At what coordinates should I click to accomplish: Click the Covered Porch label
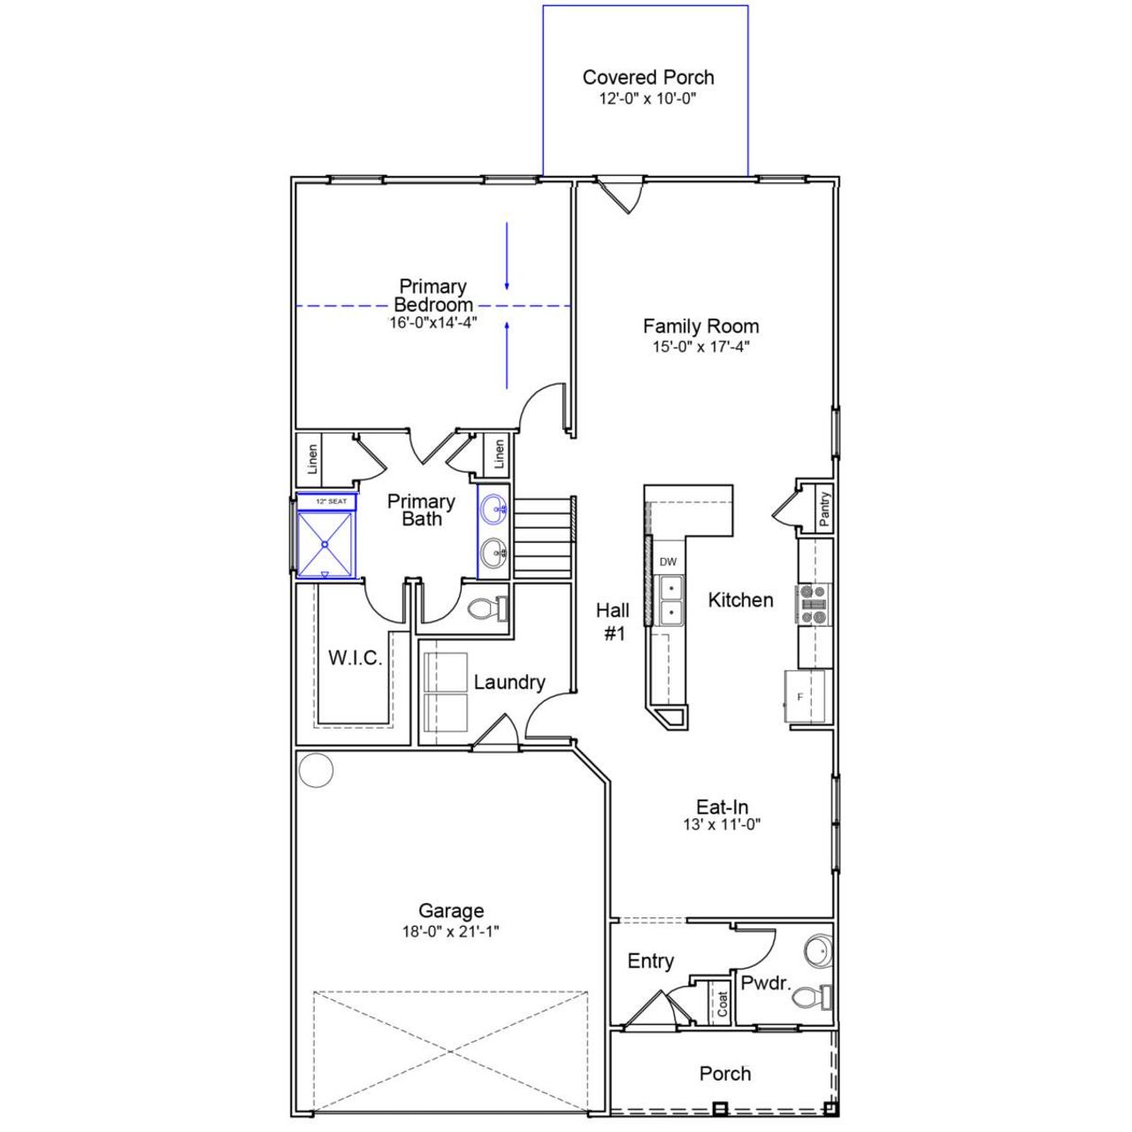(x=647, y=78)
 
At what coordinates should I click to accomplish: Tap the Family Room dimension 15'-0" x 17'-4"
(x=700, y=347)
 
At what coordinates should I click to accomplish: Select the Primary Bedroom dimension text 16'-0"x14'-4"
(x=432, y=323)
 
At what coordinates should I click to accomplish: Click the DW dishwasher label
(x=668, y=562)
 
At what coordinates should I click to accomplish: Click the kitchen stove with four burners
(x=813, y=603)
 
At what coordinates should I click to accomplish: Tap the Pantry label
(x=824, y=509)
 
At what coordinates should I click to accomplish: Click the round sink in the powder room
(x=819, y=952)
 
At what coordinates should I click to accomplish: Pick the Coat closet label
(x=723, y=1002)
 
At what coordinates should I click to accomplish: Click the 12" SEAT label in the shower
(x=331, y=501)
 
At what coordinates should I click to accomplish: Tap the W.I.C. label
(x=355, y=658)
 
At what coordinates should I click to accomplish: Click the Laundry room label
(x=509, y=682)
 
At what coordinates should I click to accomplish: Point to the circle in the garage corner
(x=316, y=769)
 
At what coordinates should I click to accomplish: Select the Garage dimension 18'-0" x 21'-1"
(x=451, y=931)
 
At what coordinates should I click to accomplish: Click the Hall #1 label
(x=613, y=622)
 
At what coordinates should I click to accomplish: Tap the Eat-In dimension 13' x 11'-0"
(x=722, y=824)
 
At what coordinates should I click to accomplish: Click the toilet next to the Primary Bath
(x=485, y=608)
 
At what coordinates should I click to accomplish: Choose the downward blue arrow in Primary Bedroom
(x=507, y=256)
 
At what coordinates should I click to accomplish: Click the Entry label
(x=650, y=961)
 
